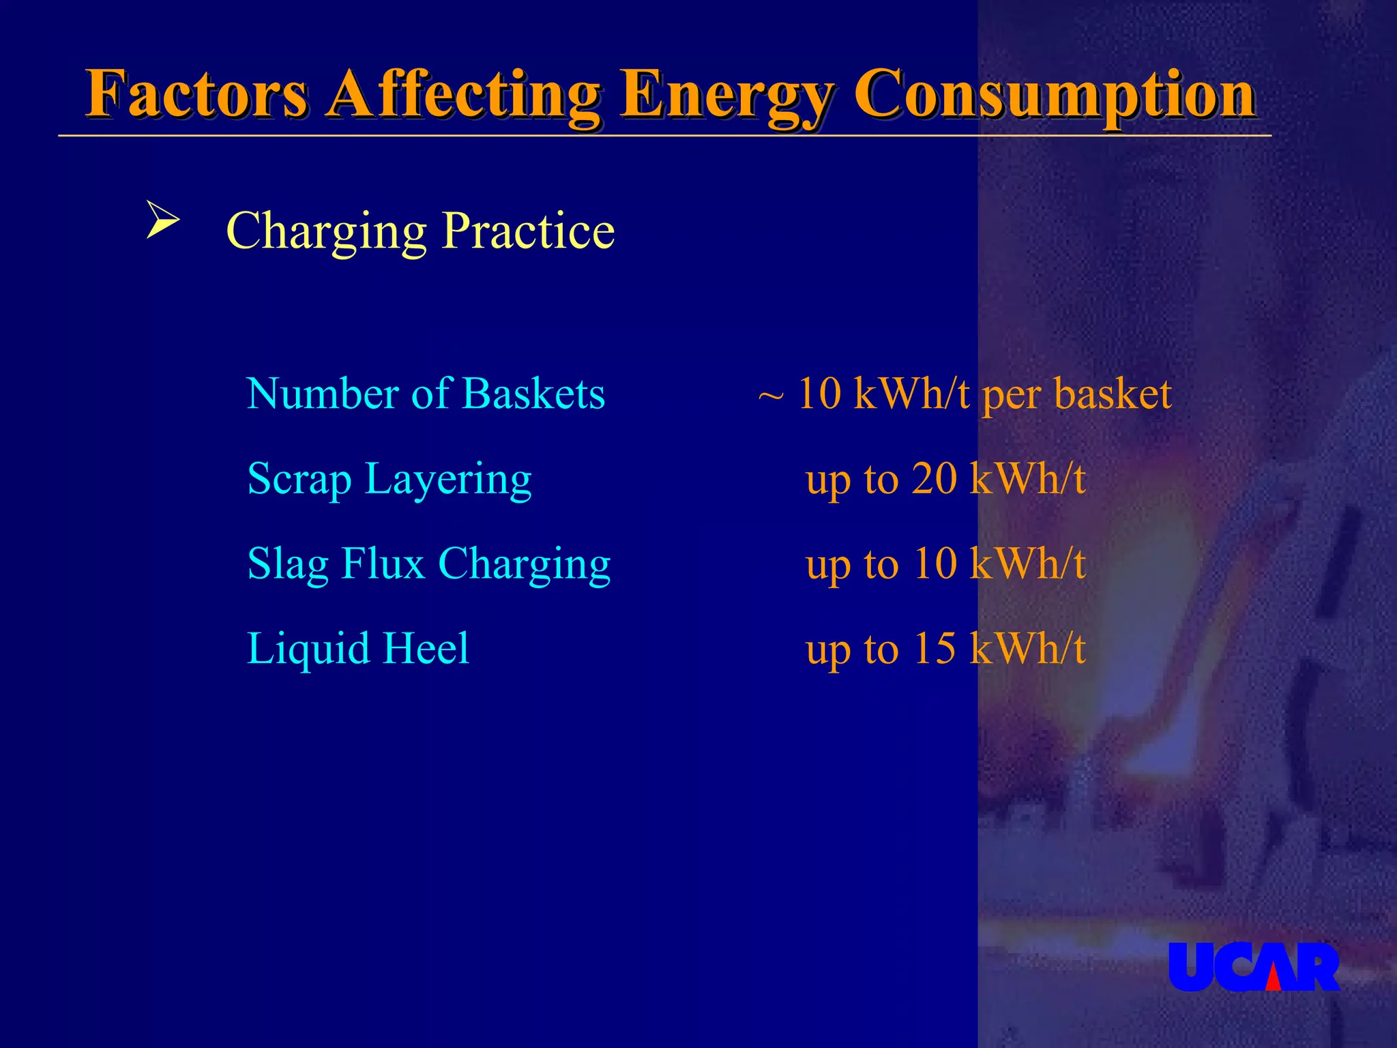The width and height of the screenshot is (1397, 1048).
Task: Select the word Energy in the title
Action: tap(727, 96)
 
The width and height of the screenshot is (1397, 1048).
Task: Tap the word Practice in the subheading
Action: tap(528, 231)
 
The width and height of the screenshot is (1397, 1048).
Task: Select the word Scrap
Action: tap(299, 479)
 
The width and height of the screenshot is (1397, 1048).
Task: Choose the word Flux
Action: tap(383, 564)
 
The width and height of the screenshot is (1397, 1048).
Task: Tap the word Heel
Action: tap(426, 648)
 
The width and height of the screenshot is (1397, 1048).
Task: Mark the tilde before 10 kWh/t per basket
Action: tap(771, 396)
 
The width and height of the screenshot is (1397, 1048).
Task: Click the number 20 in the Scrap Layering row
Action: tap(935, 479)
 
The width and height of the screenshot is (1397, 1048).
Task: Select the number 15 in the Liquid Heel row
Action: tap(935, 648)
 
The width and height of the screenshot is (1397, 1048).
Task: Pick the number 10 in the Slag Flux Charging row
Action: tap(935, 564)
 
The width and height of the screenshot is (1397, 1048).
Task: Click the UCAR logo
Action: tap(1254, 967)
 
